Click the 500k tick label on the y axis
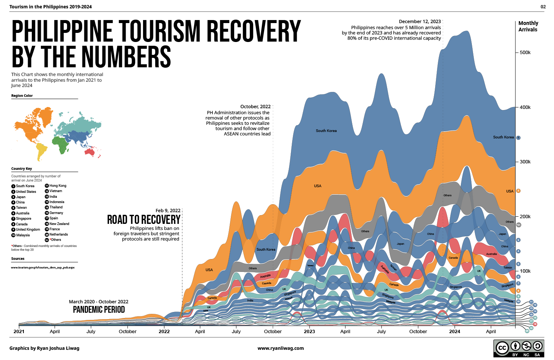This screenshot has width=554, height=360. pos(525,53)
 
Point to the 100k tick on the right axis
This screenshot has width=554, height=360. pos(525,271)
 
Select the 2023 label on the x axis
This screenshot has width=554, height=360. pos(309,332)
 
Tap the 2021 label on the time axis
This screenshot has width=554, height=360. pos(19,332)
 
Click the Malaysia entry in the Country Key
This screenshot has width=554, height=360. pos(23,235)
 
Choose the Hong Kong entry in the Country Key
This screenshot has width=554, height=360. pos(58,186)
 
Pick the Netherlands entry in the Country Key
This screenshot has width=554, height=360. pos(58,234)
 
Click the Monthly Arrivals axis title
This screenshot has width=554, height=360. pos(528,26)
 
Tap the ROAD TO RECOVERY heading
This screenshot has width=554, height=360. pos(143,220)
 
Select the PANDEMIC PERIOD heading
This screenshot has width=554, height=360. pos(99,310)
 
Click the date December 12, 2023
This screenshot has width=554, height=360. pos(420,22)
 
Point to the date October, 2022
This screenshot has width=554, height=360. pos(255,107)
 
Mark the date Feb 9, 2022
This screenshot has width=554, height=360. pos(168,211)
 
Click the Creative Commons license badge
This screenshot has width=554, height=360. pos(518,348)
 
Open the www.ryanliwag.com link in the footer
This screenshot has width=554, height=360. pos(280,348)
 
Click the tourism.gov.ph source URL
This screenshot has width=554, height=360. pos(43,267)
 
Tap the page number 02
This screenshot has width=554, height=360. pos(543,7)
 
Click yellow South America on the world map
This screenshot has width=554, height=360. pos(41,152)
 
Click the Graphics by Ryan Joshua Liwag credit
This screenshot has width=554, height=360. pos(44,348)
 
